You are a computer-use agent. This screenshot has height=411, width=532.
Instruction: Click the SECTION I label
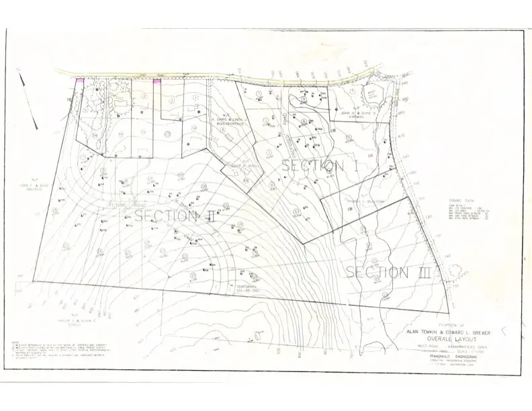tap(313, 165)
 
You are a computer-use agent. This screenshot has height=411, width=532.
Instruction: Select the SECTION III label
tap(387, 272)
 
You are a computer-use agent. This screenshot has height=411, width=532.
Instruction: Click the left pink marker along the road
tap(80, 81)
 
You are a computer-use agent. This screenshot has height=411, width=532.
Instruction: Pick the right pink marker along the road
tap(157, 82)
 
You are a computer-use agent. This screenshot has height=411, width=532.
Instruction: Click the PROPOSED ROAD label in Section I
tap(290, 128)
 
